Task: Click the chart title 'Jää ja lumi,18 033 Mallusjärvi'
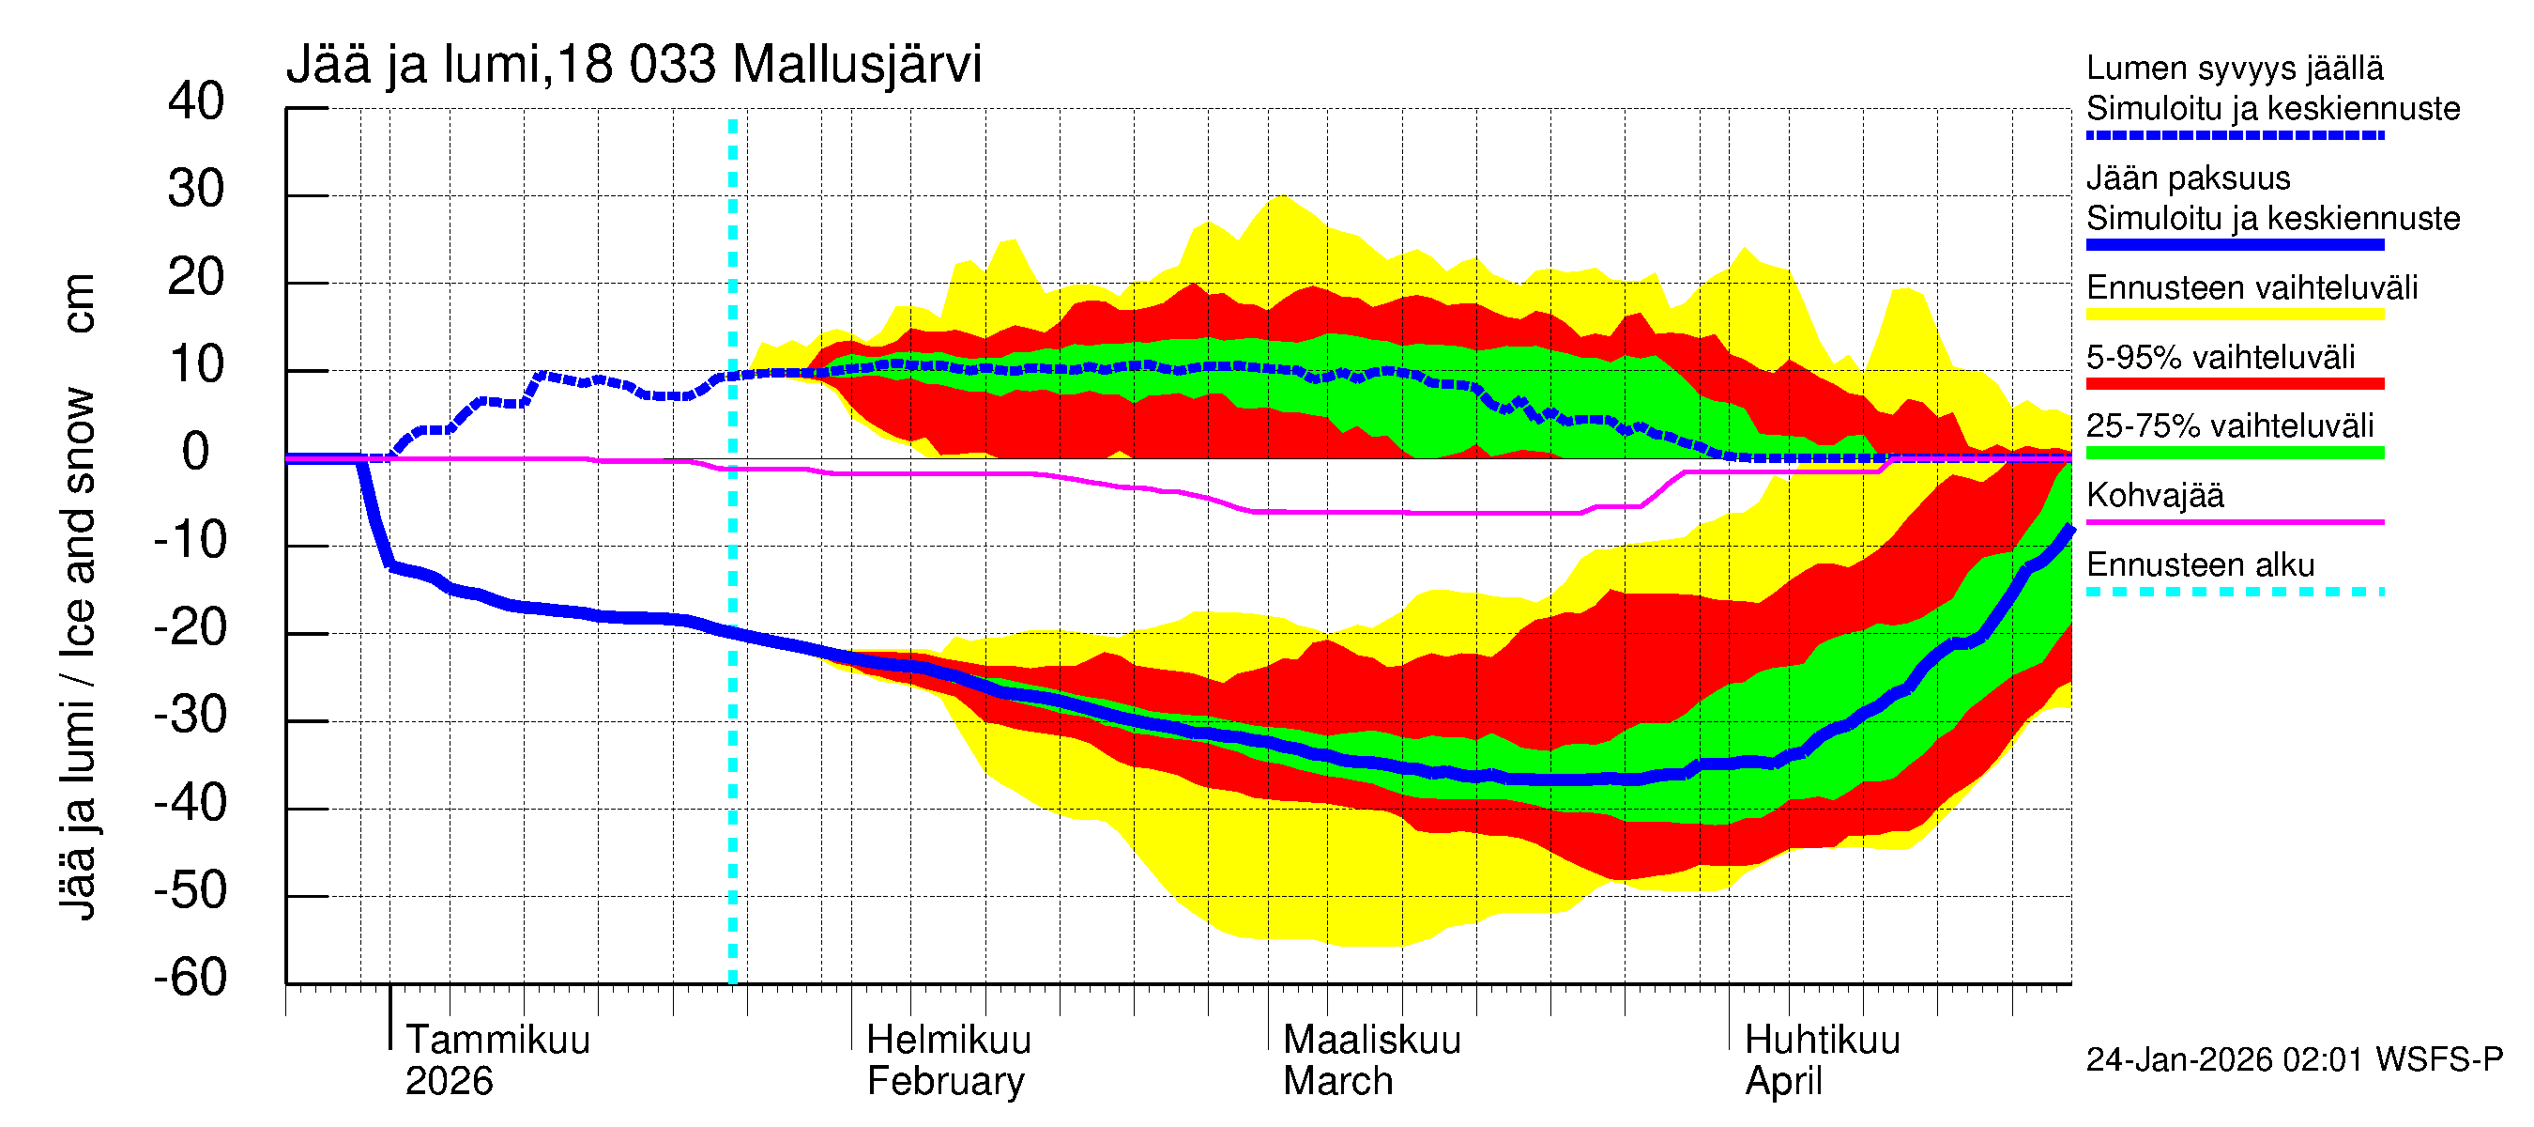coord(633,65)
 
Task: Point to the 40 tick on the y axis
coord(196,101)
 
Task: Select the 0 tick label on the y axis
coord(196,452)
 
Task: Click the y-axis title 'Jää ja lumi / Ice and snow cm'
coord(77,596)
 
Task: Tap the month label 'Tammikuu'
coord(497,1040)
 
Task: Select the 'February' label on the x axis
coord(945,1081)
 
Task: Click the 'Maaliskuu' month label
coord(1371,1040)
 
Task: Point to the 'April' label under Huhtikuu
coord(1782,1081)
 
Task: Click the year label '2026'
coord(449,1081)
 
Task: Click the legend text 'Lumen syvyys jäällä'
coord(2234,68)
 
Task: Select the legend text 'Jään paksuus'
coord(2188,178)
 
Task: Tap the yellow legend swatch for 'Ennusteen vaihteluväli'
coord(2234,314)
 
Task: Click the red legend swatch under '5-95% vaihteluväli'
coord(2234,383)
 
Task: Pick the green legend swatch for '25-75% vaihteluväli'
coord(2234,453)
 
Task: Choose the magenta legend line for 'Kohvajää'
coord(2234,521)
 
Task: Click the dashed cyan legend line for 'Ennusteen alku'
coord(2234,592)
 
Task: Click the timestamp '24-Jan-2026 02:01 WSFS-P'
coord(2293,1059)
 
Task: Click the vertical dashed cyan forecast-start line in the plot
coord(733,689)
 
